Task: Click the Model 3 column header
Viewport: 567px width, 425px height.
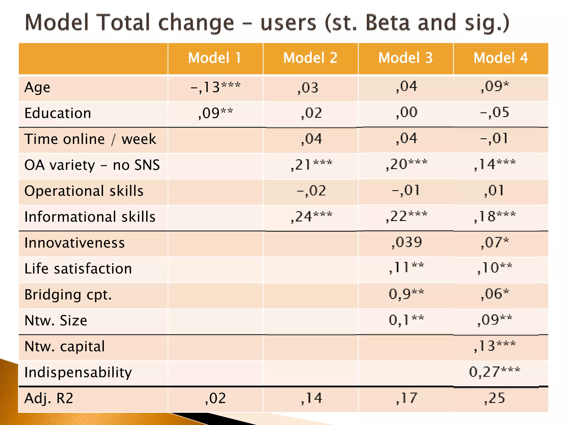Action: pyautogui.click(x=405, y=58)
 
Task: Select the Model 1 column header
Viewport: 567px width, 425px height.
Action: pyautogui.click(x=215, y=58)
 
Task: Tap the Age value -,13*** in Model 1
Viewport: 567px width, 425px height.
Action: pyautogui.click(x=215, y=87)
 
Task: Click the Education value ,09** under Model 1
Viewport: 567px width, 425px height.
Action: pyautogui.click(x=215, y=113)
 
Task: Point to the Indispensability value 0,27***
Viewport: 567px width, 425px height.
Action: pyautogui.click(x=494, y=372)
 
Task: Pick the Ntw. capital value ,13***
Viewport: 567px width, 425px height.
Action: pyautogui.click(x=494, y=346)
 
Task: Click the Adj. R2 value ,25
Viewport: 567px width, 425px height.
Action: pyautogui.click(x=494, y=398)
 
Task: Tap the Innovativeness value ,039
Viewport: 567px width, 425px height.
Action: pyautogui.click(x=406, y=242)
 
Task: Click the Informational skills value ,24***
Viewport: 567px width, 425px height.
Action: pyautogui.click(x=311, y=217)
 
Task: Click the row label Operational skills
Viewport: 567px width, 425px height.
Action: pyautogui.click(x=84, y=191)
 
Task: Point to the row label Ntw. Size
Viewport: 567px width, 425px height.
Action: pyautogui.click(x=56, y=320)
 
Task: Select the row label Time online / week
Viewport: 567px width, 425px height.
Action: pyautogui.click(x=90, y=139)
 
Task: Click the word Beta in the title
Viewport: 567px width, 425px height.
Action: pyautogui.click(x=388, y=23)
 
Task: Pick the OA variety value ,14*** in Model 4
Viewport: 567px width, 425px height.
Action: pyautogui.click(x=494, y=165)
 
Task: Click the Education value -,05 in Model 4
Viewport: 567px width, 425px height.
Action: pyautogui.click(x=494, y=113)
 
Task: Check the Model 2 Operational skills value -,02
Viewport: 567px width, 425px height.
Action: pyautogui.click(x=311, y=191)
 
